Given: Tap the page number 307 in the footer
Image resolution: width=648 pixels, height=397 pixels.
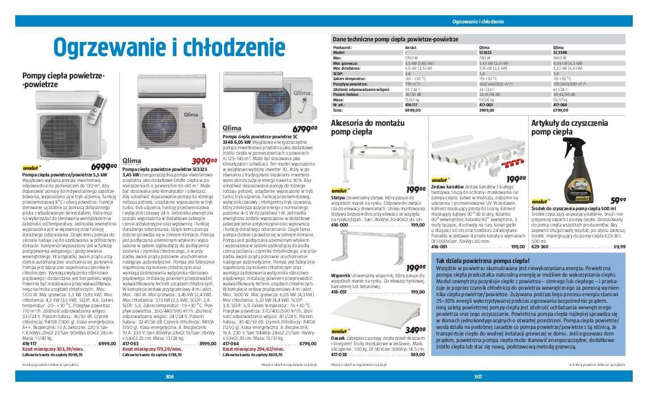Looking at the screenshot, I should click(478, 376).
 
